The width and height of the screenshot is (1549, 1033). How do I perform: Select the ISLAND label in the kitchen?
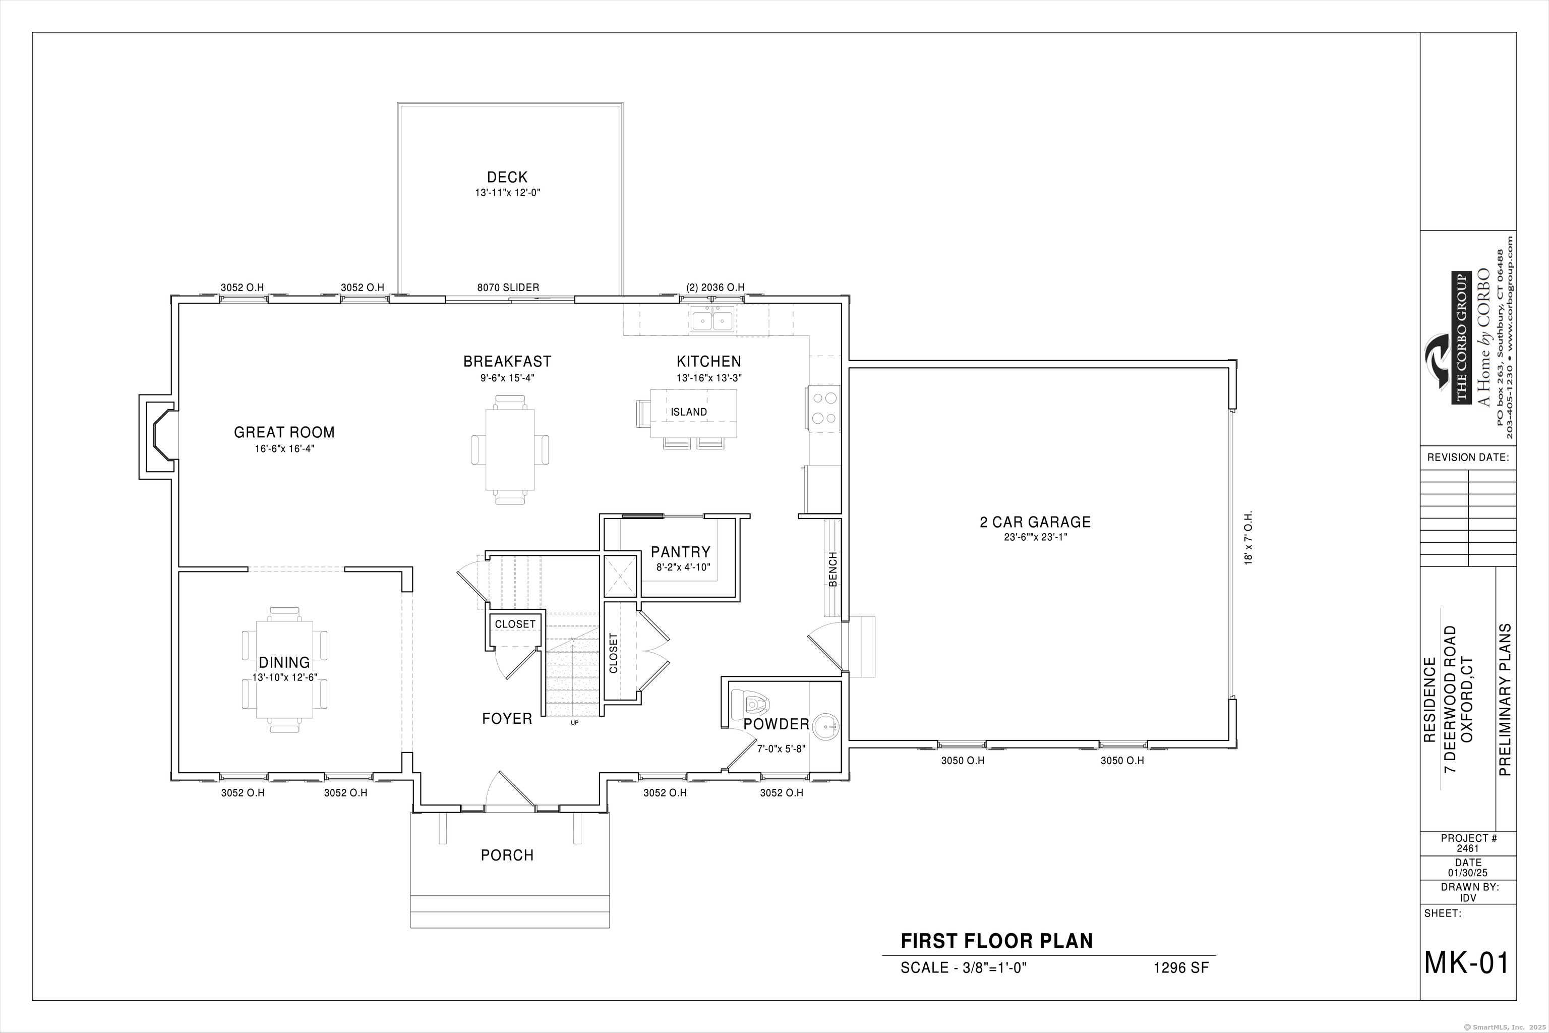[689, 412]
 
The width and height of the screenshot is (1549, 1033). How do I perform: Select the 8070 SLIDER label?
[508, 287]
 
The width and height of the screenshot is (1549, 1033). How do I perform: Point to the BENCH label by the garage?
[833, 568]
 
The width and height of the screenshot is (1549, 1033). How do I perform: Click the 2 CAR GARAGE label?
[1035, 522]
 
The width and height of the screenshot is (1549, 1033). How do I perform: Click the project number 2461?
[1468, 848]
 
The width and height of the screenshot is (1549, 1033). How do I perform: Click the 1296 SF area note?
[1181, 968]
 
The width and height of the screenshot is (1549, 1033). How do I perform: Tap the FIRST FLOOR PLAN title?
[996, 941]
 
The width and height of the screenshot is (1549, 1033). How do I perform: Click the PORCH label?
[506, 855]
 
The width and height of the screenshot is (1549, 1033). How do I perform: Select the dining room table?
[284, 669]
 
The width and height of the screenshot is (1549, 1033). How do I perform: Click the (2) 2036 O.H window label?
[715, 287]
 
